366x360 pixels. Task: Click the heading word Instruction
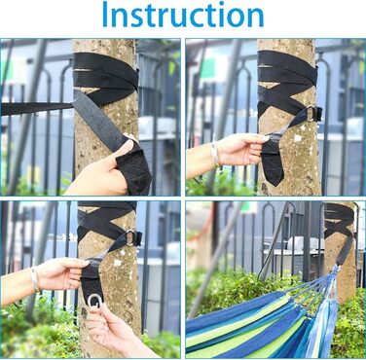tap(183, 15)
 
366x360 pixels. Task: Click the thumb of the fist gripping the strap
tap(124, 149)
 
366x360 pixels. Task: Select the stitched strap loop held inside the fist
tap(133, 172)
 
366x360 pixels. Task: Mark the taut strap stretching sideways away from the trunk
tap(36, 108)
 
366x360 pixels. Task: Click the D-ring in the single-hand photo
tap(311, 113)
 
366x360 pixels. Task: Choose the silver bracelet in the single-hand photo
tap(215, 155)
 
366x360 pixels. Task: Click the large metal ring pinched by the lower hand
tap(94, 301)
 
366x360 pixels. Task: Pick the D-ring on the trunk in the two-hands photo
tap(130, 237)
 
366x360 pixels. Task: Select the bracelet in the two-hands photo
tap(35, 278)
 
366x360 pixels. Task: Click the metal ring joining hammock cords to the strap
tap(335, 268)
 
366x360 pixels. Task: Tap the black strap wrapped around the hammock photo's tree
tap(339, 224)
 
